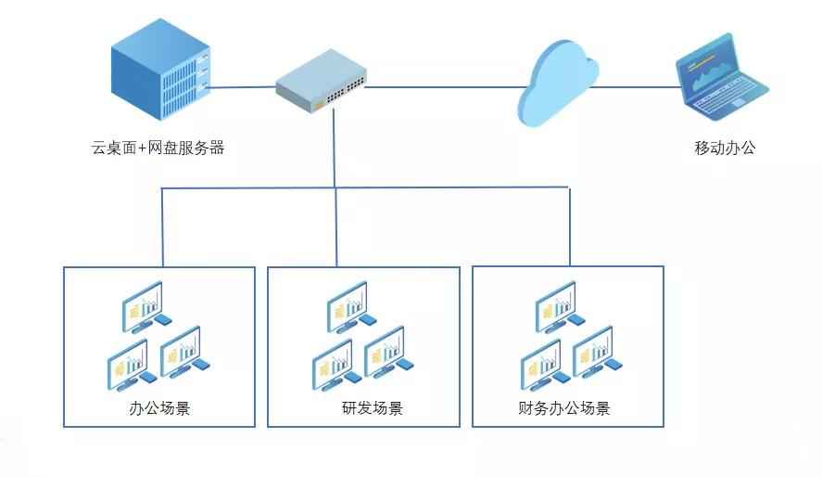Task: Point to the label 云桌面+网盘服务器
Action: [x=158, y=148]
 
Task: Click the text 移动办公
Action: [x=725, y=148]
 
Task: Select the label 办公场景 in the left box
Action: [x=159, y=408]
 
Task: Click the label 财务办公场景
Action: [x=564, y=408]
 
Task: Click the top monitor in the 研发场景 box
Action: [x=347, y=305]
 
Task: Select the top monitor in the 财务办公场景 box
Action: [x=556, y=305]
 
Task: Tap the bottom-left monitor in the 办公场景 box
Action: [x=127, y=362]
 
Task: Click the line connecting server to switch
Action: [x=241, y=88]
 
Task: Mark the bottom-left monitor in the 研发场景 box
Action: [x=332, y=362]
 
